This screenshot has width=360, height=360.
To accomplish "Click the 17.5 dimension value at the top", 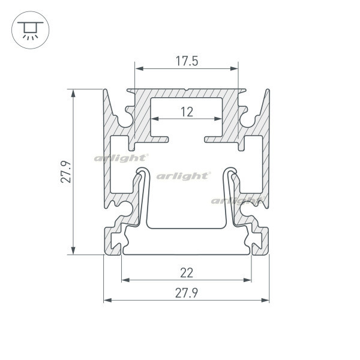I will point(187,61).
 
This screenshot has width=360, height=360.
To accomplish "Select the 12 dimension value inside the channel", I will point(187,111).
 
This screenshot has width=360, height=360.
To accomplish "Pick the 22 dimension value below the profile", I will point(187,272).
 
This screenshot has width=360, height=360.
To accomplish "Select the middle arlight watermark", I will point(183,176).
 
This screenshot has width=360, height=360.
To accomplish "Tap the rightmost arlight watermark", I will point(238,200).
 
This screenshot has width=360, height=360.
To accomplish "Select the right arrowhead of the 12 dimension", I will point(219,119).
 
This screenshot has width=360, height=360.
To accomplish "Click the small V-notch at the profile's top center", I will point(187,91).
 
